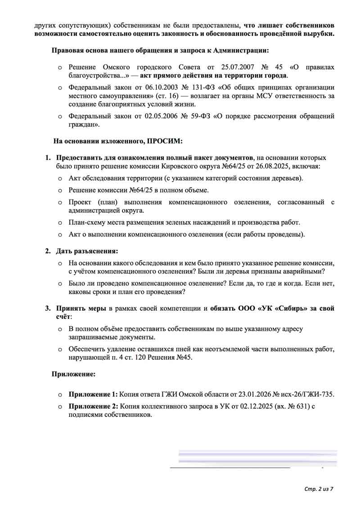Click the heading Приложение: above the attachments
tap(73, 374)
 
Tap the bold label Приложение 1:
tap(93, 394)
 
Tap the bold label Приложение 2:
tap(93, 407)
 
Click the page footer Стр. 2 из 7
tap(318, 488)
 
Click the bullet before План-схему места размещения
tap(60, 222)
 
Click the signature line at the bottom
tap(229, 469)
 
